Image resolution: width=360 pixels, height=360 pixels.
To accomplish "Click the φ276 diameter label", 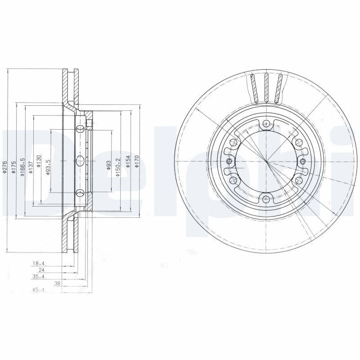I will click(x=4, y=167).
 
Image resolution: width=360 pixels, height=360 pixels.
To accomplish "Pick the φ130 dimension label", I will click(x=39, y=161).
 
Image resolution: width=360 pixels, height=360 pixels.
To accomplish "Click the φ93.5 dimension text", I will click(x=48, y=166).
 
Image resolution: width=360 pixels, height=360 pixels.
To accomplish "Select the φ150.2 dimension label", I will click(x=118, y=167).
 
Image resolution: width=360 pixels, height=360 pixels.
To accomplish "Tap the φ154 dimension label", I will click(x=128, y=162).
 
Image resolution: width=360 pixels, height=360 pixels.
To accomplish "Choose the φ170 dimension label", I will click(x=137, y=162).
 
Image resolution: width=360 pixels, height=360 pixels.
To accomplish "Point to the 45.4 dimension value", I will click(x=38, y=290).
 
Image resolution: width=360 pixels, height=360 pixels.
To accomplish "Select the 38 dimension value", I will click(x=57, y=284).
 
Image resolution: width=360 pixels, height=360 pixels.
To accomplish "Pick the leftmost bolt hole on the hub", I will click(x=229, y=162).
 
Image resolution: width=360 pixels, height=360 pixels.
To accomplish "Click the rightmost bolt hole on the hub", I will click(x=302, y=162).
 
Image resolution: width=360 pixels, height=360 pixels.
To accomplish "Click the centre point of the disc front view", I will click(x=266, y=162).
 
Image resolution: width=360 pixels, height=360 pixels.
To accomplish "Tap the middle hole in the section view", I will click(x=80, y=161).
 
